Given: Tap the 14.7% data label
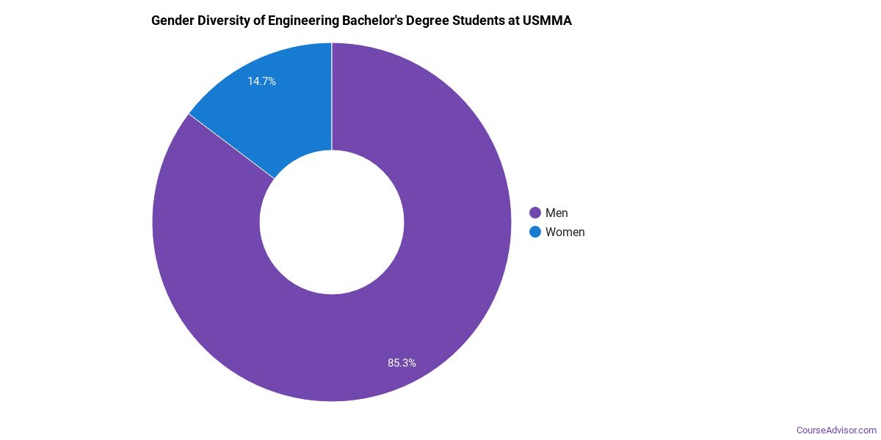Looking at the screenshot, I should click(x=261, y=81).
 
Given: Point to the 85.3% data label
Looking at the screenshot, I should click(x=402, y=362).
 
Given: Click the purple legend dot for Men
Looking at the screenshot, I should click(x=535, y=213).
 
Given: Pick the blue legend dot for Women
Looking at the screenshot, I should click(x=535, y=232).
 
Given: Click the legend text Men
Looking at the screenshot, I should click(x=556, y=213).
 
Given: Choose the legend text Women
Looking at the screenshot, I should click(x=565, y=232).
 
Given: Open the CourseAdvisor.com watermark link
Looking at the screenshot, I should click(x=837, y=430).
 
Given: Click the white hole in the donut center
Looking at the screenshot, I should click(x=332, y=222).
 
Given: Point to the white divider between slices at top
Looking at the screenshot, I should click(x=332, y=95).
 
